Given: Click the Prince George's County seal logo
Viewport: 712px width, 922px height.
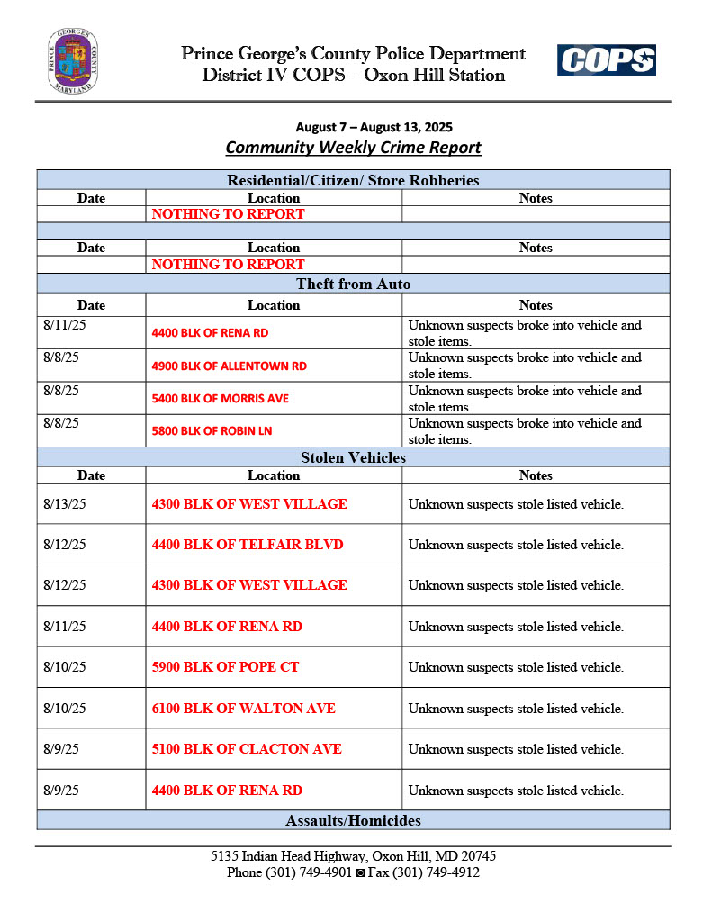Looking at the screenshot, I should pyautogui.click(x=73, y=61).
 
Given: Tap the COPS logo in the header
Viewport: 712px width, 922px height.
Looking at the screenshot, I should pyautogui.click(x=606, y=60).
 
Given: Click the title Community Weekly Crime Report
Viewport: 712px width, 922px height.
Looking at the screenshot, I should pyautogui.click(x=353, y=148).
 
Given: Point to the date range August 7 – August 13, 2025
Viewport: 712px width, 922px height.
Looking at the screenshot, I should pyautogui.click(x=354, y=128).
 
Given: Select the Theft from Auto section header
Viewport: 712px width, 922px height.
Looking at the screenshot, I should pyautogui.click(x=353, y=285).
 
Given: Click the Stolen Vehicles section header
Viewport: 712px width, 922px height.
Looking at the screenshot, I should pyautogui.click(x=353, y=458).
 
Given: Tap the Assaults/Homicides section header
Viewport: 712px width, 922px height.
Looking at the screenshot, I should pyautogui.click(x=353, y=820).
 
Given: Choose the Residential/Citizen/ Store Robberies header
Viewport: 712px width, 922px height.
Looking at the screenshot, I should pyautogui.click(x=353, y=180).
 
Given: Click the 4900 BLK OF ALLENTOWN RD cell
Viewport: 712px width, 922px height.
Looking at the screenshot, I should pyautogui.click(x=230, y=366).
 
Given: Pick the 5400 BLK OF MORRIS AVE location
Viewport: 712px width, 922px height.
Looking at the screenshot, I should pyautogui.click(x=221, y=398).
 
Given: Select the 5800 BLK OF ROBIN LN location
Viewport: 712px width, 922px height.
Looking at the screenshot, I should pyautogui.click(x=212, y=431).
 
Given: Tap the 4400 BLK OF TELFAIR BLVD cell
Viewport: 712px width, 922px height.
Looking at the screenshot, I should pyautogui.click(x=248, y=545).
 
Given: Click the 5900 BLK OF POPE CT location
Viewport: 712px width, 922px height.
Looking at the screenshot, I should pyautogui.click(x=225, y=667).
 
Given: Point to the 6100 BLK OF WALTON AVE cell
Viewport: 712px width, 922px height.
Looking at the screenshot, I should pyautogui.click(x=243, y=709).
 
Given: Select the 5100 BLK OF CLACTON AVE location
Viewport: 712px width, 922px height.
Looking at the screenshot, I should pyautogui.click(x=247, y=749).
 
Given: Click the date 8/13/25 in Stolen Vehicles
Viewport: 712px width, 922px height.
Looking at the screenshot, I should pyautogui.click(x=65, y=504).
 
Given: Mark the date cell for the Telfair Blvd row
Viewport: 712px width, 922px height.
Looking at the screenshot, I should pyautogui.click(x=65, y=545).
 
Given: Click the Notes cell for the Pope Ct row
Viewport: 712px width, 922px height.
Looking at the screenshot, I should pyautogui.click(x=516, y=667).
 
